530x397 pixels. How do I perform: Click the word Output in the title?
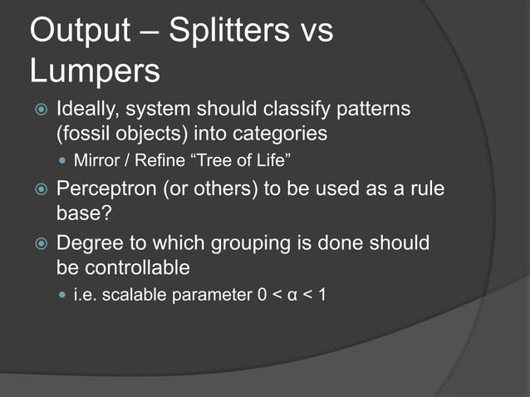click(x=80, y=31)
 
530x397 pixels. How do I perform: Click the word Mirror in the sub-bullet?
click(x=95, y=159)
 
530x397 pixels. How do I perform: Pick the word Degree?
click(x=87, y=244)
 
